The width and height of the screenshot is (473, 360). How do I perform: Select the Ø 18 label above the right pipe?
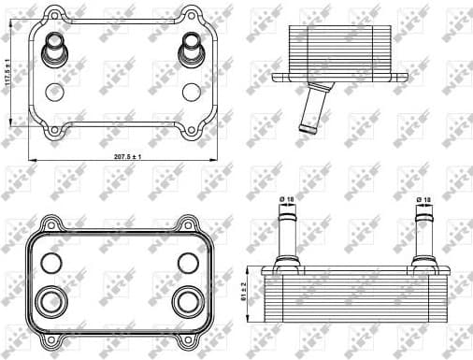point(423,199)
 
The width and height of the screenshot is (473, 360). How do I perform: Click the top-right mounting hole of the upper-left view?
point(193,15)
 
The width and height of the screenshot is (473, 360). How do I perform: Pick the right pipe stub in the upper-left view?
point(192,45)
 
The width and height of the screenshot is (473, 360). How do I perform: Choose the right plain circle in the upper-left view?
point(192,92)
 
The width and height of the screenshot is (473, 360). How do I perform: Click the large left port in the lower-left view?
point(47,301)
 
